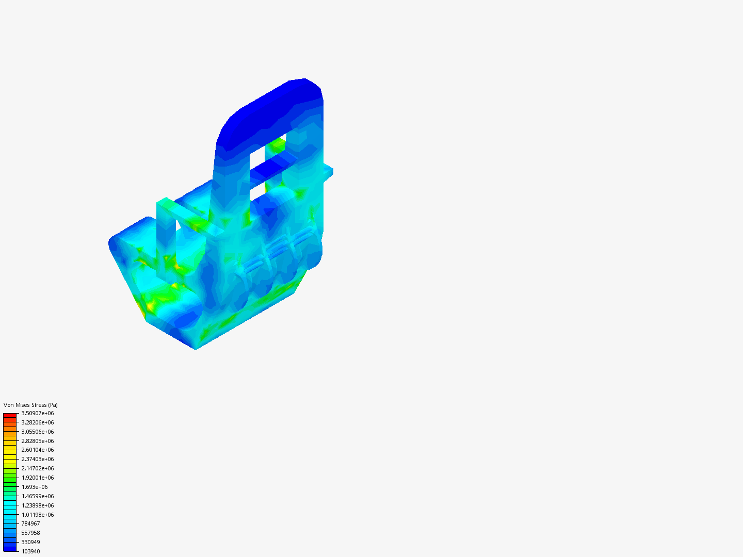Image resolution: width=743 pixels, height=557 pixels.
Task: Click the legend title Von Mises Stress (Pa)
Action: (30, 405)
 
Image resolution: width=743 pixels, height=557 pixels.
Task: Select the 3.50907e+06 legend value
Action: (38, 413)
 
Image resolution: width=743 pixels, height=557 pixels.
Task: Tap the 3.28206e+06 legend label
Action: (38, 422)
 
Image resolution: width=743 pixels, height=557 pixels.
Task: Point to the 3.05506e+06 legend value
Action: (38, 432)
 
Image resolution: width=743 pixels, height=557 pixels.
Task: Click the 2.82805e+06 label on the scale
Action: (38, 441)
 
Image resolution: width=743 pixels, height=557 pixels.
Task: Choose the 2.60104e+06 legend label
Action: (38, 450)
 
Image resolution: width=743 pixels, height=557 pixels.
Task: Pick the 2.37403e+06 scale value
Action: (38, 459)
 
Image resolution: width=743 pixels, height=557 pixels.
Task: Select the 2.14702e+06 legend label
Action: (38, 468)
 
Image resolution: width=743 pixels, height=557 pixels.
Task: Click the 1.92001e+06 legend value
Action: (38, 478)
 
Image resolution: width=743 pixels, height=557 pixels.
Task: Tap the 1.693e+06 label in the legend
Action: (35, 487)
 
